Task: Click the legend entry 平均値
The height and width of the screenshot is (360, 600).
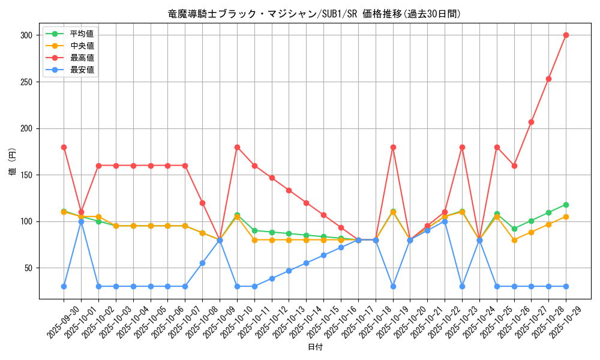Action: (82, 34)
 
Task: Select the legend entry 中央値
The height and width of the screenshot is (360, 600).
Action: (82, 46)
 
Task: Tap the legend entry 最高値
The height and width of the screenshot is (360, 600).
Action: (82, 58)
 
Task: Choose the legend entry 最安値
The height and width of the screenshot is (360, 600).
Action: (82, 70)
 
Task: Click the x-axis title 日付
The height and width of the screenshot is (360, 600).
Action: (315, 347)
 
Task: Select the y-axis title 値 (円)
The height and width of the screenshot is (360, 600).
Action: (13, 163)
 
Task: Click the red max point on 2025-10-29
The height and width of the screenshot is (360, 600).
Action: (566, 35)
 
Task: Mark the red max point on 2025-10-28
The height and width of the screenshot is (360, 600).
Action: (548, 79)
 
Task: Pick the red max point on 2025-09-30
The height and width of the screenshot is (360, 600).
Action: (64, 147)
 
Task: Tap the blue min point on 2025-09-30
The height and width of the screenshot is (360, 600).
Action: (64, 286)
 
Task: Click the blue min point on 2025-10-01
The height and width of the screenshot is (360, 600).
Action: (81, 221)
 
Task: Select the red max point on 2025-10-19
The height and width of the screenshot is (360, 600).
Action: (393, 147)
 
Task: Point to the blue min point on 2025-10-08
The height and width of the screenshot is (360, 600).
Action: (202, 263)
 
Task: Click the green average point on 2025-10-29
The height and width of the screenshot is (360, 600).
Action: (566, 205)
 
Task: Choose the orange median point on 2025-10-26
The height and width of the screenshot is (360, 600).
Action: (514, 240)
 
